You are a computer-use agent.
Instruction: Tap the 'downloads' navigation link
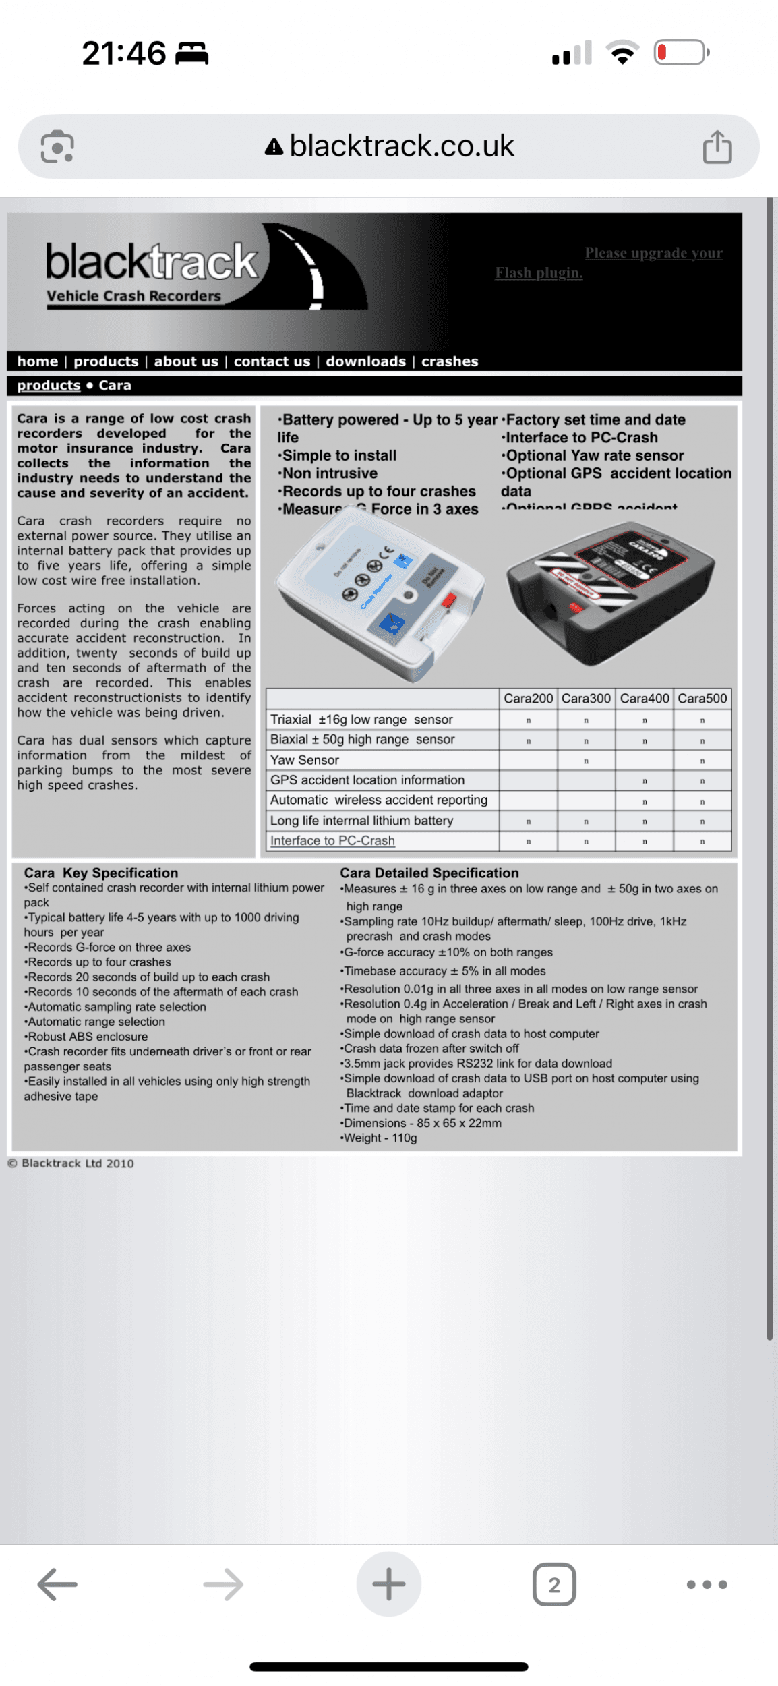365,361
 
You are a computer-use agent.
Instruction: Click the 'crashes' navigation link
450,361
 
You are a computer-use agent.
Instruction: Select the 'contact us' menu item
272,361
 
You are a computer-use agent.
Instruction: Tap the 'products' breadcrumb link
49,385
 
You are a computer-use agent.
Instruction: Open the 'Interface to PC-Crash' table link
332,841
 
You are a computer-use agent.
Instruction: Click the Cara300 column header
586,699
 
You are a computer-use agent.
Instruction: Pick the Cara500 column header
702,699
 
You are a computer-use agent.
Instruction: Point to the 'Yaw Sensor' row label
305,760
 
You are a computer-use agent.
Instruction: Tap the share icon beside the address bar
717,146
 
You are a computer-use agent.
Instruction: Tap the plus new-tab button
389,1584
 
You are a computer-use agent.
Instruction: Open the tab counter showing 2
553,1584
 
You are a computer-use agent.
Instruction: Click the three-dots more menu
707,1584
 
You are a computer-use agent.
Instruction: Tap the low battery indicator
680,53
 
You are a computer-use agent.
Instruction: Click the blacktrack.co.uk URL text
402,146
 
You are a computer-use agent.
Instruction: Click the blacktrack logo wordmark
152,262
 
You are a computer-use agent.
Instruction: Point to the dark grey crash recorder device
610,590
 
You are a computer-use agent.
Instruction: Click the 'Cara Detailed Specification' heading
429,873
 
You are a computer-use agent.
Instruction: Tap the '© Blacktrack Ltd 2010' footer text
71,1163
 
